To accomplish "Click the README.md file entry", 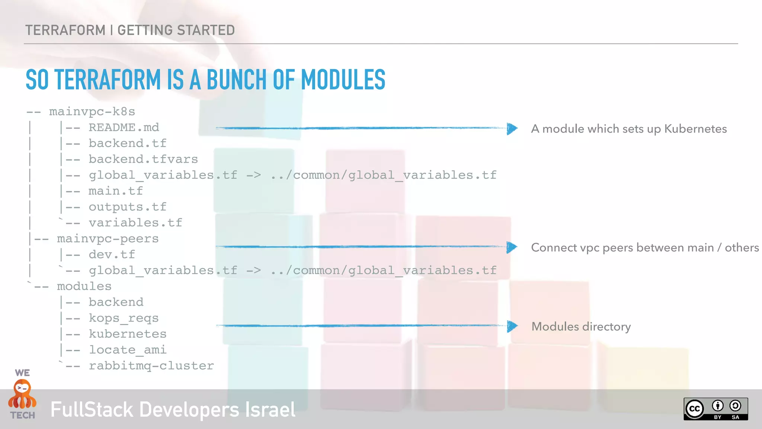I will tap(124, 127).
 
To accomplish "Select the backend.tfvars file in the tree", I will tap(143, 159).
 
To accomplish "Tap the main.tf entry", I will tap(116, 191).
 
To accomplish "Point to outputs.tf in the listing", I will tap(127, 207).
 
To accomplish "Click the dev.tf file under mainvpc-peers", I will tap(112, 255).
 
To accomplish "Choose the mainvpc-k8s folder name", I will tap(92, 112).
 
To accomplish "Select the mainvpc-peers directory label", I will tap(108, 239).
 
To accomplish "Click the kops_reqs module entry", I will tap(124, 318).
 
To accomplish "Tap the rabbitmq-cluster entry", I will tap(151, 366).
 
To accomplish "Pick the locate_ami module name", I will tap(127, 350).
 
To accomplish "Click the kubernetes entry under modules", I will tap(127, 334).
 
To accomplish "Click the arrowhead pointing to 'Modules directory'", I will tap(512, 327).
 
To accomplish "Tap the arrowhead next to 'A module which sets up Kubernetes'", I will tap(512, 129).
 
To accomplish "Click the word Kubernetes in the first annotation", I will tap(695, 129).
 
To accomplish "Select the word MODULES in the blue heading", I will tap(343, 80).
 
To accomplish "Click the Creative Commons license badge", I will tap(715, 409).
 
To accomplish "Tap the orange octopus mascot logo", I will tap(22, 395).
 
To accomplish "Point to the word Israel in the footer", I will tap(270, 410).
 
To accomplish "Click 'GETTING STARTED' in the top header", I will tap(176, 30).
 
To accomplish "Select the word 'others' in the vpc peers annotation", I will tap(742, 248).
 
